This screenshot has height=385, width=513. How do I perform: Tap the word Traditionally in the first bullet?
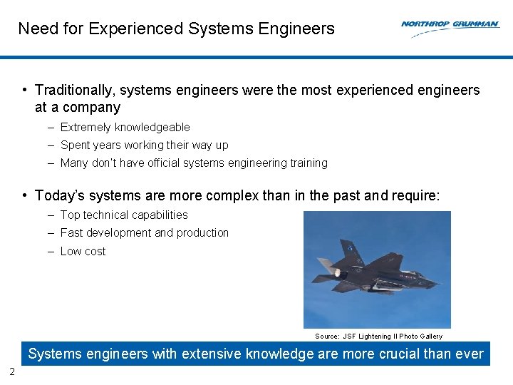click(x=75, y=91)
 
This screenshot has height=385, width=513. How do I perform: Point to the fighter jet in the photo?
click(x=378, y=269)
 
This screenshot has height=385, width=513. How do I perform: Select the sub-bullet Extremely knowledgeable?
click(x=125, y=128)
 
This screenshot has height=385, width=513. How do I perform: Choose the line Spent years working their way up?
click(x=144, y=145)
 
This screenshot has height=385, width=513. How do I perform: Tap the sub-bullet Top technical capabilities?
click(x=124, y=215)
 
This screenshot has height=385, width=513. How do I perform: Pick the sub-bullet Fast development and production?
click(x=145, y=233)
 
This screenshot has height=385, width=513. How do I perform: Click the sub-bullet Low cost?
click(x=83, y=252)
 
